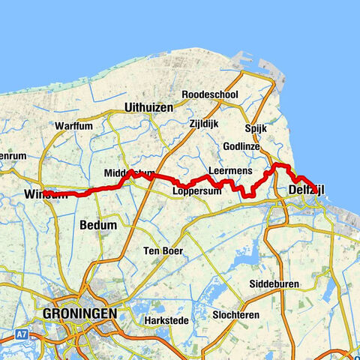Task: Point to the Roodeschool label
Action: tap(210, 95)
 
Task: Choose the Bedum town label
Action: tap(97, 224)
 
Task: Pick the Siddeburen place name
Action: tap(275, 284)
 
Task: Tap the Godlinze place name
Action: tap(241, 146)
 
